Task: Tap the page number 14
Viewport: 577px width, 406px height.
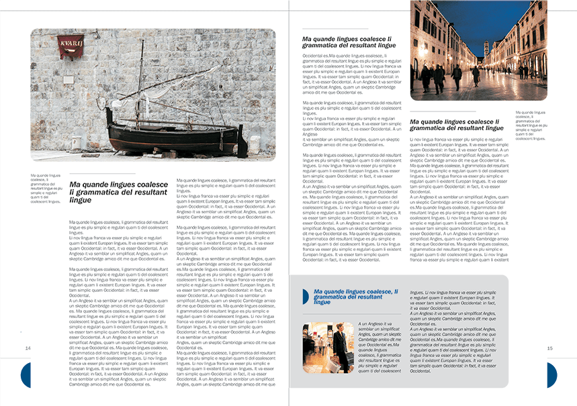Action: click(28, 348)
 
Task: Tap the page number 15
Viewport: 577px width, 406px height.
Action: click(549, 348)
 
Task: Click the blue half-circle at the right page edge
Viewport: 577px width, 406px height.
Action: click(551, 375)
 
